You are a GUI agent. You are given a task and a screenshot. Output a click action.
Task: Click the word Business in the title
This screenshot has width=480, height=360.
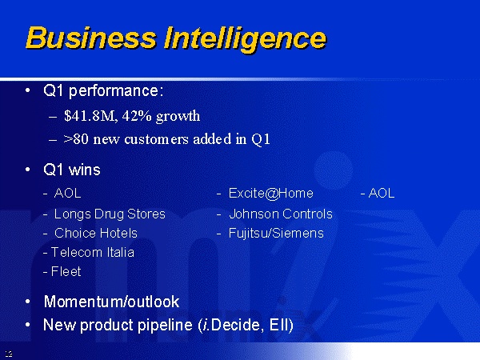91,38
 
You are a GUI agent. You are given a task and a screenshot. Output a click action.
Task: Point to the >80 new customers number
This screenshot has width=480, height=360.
72,139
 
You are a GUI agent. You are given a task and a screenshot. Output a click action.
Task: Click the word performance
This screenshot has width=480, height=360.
116,91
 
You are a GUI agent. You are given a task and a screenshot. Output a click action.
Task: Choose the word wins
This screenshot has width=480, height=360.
85,170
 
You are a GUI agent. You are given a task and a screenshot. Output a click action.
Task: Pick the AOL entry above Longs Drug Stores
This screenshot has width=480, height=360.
68,193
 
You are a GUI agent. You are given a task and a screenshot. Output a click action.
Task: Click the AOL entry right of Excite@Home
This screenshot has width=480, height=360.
382,193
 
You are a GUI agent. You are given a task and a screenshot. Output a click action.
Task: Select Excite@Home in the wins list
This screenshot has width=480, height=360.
271,194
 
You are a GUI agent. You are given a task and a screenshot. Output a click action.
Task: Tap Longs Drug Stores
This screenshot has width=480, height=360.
110,214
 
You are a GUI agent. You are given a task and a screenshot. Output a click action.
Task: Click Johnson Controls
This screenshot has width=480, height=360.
281,214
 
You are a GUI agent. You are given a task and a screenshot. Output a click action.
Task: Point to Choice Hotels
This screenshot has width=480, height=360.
96,234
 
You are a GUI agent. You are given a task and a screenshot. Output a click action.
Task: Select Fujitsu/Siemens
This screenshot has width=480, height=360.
276,234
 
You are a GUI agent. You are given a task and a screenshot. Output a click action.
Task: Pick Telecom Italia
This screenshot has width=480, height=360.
93,253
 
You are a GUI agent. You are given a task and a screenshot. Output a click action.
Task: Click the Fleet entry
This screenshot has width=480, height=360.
66,271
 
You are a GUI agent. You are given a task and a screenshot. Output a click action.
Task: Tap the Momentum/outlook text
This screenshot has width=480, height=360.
111,302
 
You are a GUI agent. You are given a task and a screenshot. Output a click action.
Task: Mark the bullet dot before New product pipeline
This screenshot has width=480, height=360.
28,325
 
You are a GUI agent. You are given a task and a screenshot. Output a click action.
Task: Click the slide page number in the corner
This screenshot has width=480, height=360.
9,354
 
